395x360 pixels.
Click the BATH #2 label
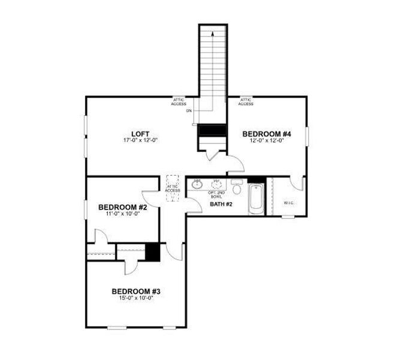[x=221, y=205]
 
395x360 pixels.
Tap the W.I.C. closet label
[x=288, y=202]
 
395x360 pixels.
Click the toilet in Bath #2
[x=237, y=189]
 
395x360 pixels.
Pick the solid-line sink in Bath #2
[x=197, y=184]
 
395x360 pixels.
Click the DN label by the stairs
[x=189, y=111]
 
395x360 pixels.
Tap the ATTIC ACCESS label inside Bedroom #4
[x=246, y=102]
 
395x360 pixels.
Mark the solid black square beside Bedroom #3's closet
[x=153, y=251]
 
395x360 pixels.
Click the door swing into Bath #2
[x=192, y=205]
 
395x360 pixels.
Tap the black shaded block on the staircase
[x=212, y=130]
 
